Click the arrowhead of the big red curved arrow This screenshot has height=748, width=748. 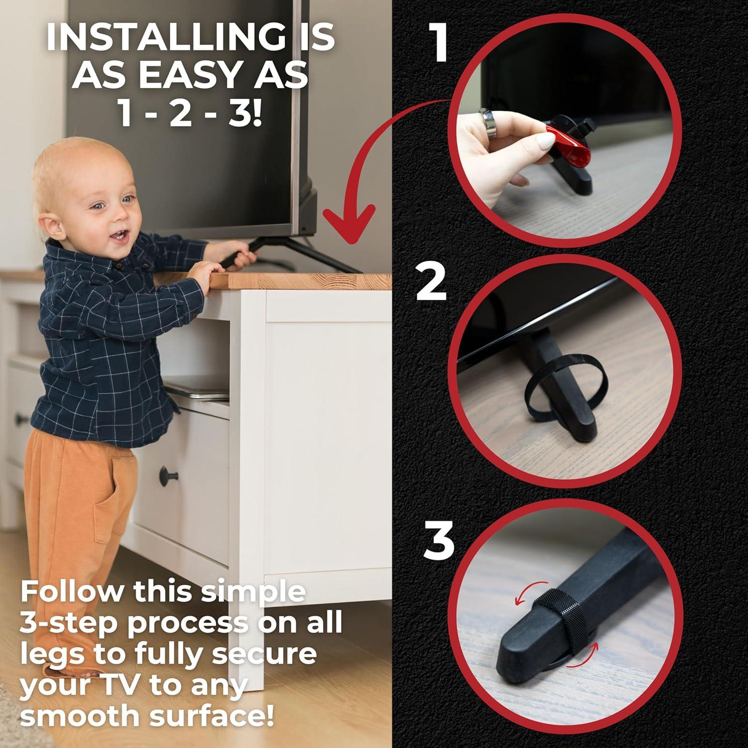[350, 224]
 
